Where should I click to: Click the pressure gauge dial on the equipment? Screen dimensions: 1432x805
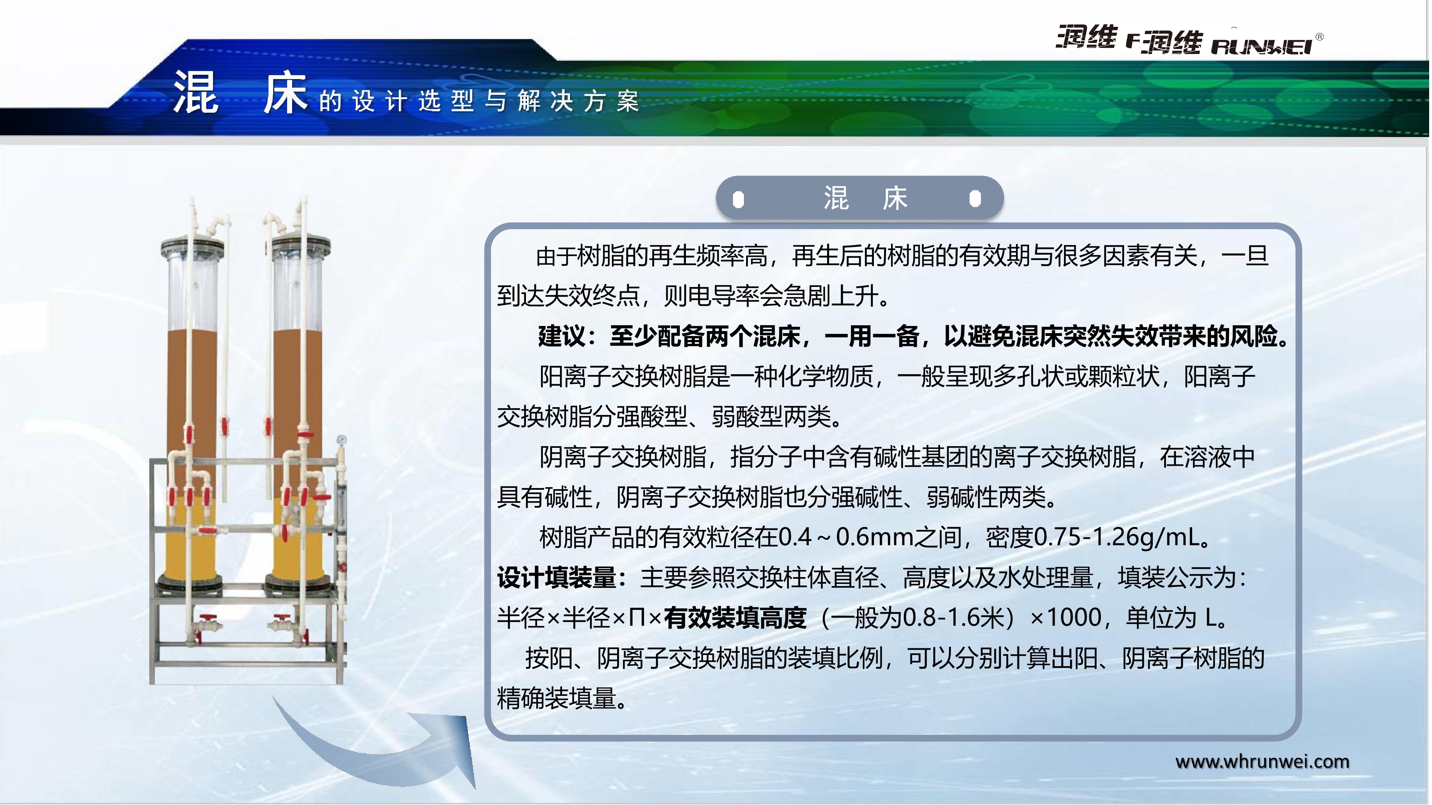341,440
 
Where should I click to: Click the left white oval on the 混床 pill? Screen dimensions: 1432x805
738,199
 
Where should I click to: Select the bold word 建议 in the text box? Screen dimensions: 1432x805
561,336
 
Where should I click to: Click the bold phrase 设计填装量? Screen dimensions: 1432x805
556,578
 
